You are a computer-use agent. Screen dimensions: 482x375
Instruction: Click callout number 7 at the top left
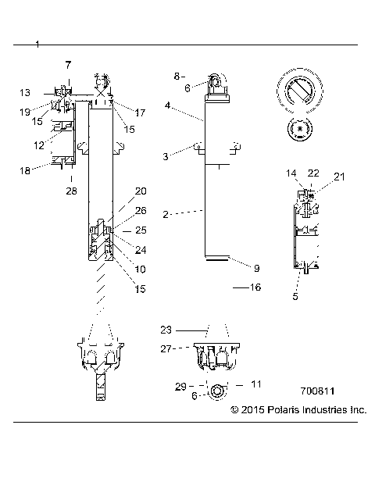point(67,63)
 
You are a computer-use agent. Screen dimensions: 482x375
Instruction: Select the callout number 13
point(24,92)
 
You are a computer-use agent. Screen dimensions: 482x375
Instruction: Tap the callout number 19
point(24,112)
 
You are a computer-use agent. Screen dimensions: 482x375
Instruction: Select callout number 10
point(141,269)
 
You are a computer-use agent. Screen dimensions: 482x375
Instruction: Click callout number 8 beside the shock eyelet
point(177,76)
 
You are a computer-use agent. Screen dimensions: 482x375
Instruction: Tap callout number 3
point(165,157)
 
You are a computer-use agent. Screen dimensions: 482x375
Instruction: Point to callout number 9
point(256,268)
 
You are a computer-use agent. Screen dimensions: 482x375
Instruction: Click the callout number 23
point(166,330)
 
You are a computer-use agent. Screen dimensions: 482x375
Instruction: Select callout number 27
point(166,349)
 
